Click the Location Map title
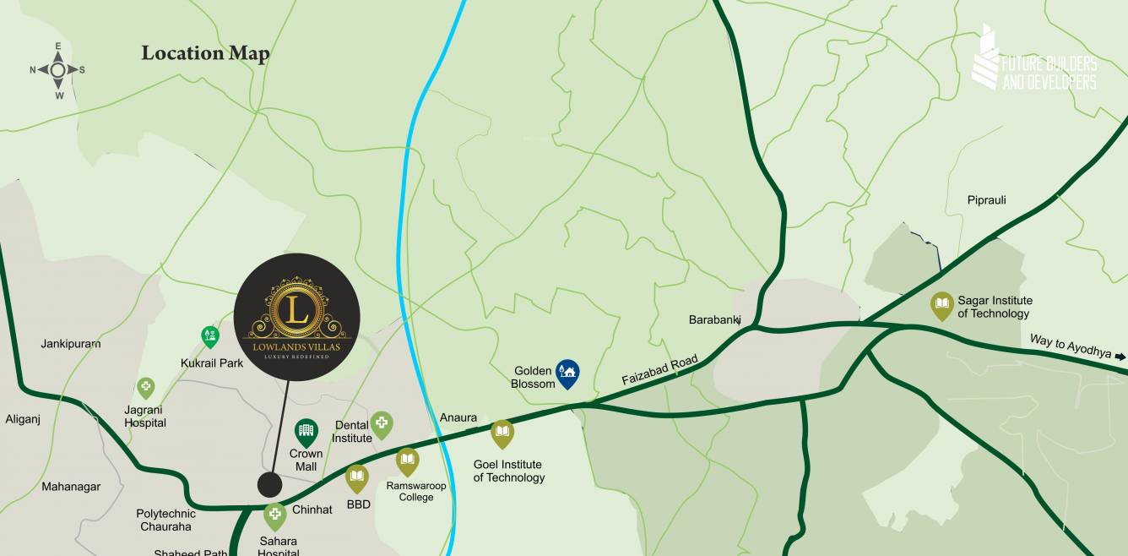click(205, 53)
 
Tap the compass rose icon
click(57, 70)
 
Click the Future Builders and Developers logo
click(1034, 62)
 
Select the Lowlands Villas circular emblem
click(296, 316)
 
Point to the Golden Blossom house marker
click(567, 373)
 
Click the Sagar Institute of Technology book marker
click(941, 306)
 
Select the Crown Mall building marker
click(306, 433)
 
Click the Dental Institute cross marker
click(382, 424)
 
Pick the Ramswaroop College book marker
click(407, 461)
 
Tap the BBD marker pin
click(357, 478)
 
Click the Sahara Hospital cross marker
click(274, 515)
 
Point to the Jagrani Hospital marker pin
click(146, 389)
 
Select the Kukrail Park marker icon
click(209, 337)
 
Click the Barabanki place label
click(714, 319)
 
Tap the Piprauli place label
click(986, 200)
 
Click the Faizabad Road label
click(659, 371)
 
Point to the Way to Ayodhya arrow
click(1120, 357)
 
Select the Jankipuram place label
click(71, 344)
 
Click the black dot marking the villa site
click(269, 485)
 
